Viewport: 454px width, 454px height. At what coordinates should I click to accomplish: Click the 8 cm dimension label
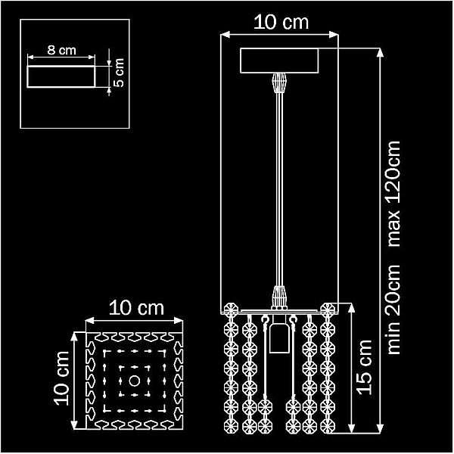click(x=62, y=50)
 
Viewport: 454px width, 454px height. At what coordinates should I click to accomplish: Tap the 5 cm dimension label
click(x=119, y=73)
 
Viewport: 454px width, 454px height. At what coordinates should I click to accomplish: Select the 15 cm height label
click(x=365, y=367)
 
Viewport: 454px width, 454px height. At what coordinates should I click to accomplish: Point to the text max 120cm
click(x=393, y=194)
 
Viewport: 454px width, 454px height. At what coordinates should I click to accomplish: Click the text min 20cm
click(x=393, y=309)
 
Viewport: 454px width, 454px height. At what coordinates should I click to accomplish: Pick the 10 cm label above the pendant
click(x=281, y=22)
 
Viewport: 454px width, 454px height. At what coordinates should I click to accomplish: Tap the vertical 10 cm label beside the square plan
click(x=61, y=378)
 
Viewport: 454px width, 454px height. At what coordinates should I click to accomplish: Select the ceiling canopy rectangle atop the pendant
click(x=279, y=61)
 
